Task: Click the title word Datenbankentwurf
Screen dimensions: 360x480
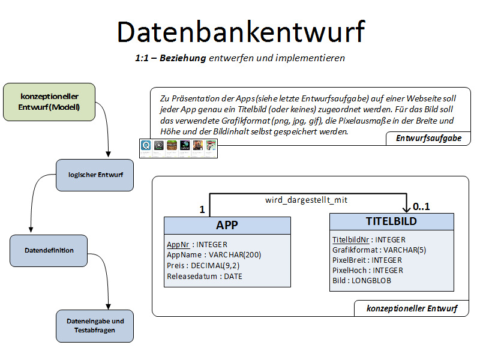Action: pos(240,31)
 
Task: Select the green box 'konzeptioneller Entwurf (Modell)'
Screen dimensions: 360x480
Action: pos(49,102)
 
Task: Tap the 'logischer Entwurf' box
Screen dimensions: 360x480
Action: pos(94,175)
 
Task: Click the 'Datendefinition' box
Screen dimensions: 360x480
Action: pos(49,250)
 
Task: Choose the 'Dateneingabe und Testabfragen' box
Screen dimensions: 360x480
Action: pos(95,325)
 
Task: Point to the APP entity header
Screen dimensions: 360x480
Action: pos(227,225)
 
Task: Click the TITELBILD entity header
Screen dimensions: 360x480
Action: pos(391,221)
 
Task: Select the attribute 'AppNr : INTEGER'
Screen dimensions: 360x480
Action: pos(197,245)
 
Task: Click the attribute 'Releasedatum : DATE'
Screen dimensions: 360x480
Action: pos(205,276)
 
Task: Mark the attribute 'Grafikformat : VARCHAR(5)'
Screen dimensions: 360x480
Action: pos(379,250)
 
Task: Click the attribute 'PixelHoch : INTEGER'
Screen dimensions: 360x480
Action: pos(368,271)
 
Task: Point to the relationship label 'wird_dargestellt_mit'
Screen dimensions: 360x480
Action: pos(306,200)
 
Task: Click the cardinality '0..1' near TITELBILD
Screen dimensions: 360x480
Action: pos(422,206)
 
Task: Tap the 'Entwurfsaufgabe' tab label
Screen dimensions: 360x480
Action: pos(428,138)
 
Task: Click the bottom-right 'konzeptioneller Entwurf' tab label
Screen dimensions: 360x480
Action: pos(412,308)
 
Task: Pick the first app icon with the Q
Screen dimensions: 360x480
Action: pos(146,145)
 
